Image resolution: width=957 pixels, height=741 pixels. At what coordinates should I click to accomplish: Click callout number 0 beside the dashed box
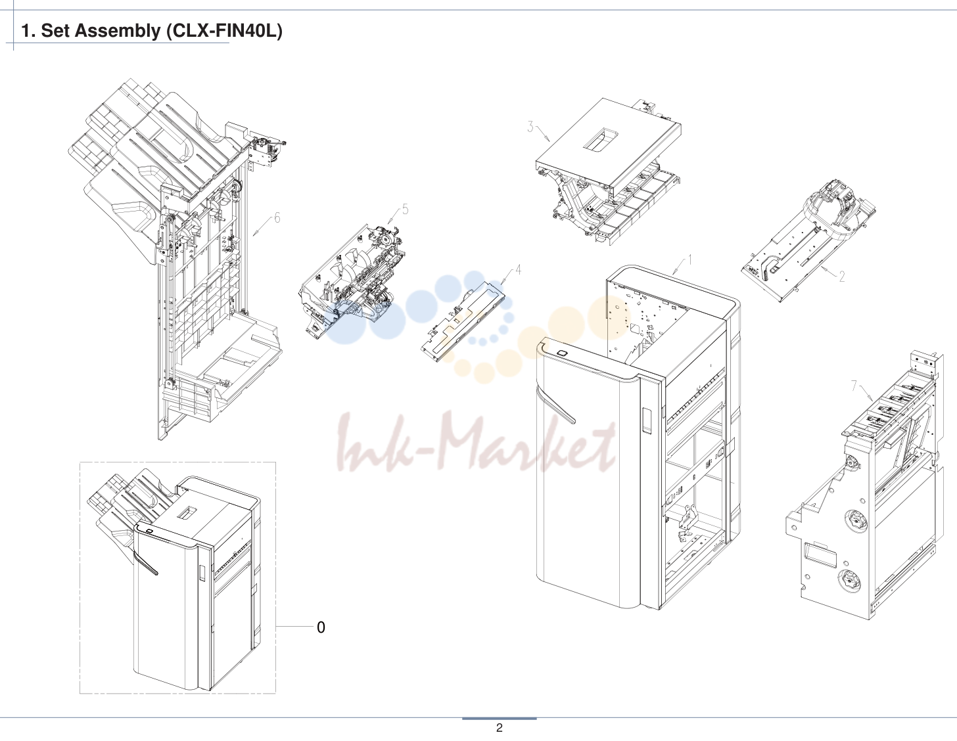pyautogui.click(x=321, y=627)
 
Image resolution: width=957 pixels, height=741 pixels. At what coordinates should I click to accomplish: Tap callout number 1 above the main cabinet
pyautogui.click(x=689, y=259)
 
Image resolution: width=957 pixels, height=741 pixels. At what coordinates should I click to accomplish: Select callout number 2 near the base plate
pyautogui.click(x=841, y=277)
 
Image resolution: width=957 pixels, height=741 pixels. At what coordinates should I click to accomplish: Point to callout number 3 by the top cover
pyautogui.click(x=530, y=127)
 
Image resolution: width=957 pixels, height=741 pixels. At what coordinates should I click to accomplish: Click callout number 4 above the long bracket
pyautogui.click(x=518, y=269)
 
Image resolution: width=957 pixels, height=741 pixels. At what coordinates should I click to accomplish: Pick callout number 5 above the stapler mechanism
pyautogui.click(x=405, y=210)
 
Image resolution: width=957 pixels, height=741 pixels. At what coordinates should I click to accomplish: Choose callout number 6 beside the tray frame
pyautogui.click(x=277, y=218)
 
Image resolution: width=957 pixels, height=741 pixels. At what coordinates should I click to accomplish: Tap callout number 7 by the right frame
pyautogui.click(x=854, y=386)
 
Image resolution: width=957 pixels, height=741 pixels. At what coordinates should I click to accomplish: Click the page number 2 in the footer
pyautogui.click(x=499, y=728)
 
